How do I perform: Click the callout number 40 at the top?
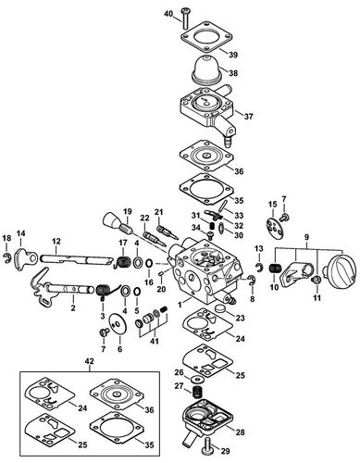pos(168,16)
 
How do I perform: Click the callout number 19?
pos(128,211)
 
